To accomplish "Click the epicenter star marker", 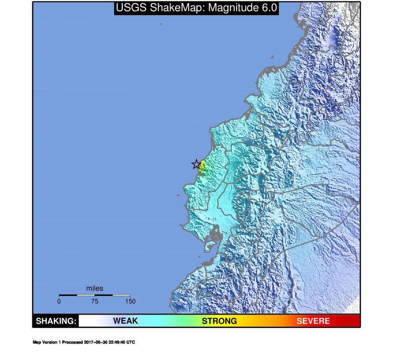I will click(x=196, y=165).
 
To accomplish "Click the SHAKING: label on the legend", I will click(x=55, y=321).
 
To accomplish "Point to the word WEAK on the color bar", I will click(x=125, y=321).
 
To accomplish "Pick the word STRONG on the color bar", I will click(x=219, y=321).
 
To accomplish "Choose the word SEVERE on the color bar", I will click(x=313, y=321).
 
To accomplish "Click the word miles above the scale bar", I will click(x=95, y=289).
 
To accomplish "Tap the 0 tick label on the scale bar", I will click(x=59, y=301).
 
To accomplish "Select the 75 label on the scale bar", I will click(x=95, y=301).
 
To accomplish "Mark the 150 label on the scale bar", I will click(x=130, y=301).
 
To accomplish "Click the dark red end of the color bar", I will click(x=355, y=321).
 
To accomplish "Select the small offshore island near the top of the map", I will click(x=161, y=24).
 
